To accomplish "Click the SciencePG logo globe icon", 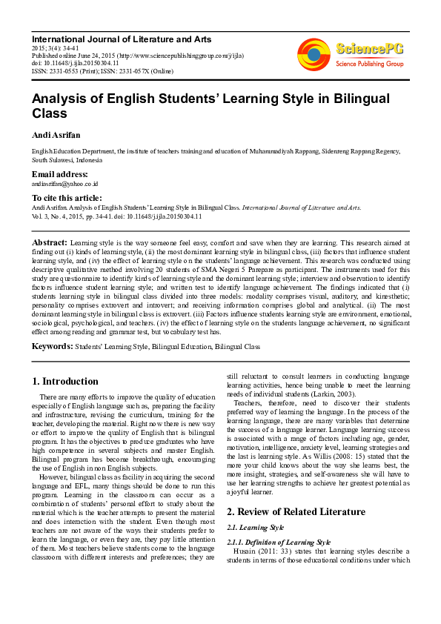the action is [314, 52].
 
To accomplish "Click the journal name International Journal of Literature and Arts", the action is [122, 39].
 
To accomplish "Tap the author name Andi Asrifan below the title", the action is [55, 136].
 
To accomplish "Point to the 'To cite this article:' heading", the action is [67, 198].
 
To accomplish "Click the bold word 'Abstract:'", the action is [49, 242].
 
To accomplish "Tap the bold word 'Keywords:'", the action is [52, 346].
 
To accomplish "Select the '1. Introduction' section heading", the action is [65, 382].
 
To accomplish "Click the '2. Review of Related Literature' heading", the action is [295, 511].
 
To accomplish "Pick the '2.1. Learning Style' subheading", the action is [255, 527].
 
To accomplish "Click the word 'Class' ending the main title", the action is [49, 114].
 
